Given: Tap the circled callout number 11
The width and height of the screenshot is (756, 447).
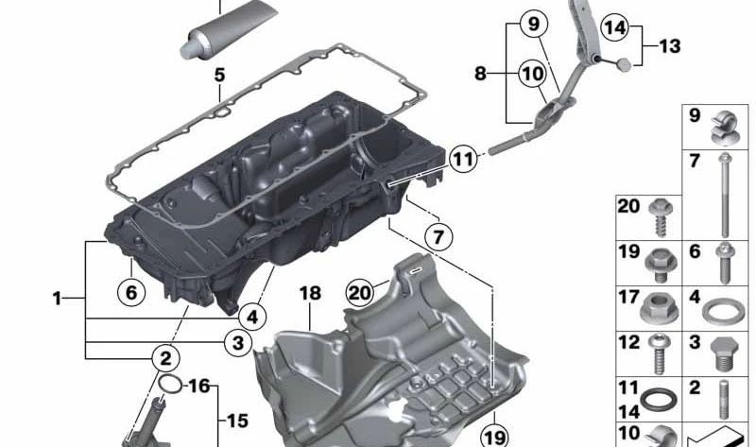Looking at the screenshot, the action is [x=463, y=159].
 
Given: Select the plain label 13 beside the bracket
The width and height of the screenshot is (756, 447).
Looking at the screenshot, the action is [x=669, y=46].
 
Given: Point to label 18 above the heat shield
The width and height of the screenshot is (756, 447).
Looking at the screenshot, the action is [x=310, y=293].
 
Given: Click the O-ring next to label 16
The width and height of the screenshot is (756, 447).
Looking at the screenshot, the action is [x=170, y=385].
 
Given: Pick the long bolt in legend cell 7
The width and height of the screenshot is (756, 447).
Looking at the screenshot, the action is [x=724, y=196].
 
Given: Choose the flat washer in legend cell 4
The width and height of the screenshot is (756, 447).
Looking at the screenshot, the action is [x=723, y=312].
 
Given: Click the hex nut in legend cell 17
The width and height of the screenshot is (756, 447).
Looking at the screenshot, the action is [x=659, y=309].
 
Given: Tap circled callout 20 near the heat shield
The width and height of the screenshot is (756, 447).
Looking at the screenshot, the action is [x=360, y=292].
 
